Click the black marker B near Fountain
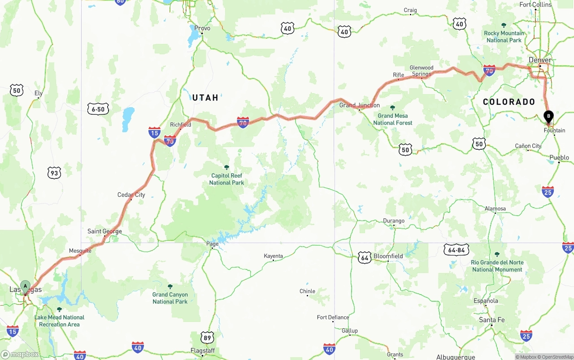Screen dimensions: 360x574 pos(548,117)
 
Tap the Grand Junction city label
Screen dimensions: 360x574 pos(359,105)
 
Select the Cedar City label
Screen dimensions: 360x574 pos(131,195)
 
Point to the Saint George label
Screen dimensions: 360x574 pos(104,231)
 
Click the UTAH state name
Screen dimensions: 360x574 pos(205,97)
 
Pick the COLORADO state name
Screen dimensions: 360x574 pos(509,102)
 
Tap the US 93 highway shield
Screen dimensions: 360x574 pos(54,173)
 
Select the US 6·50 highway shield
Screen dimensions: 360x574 pos(98,109)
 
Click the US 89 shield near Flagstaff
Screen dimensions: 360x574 pos(207,338)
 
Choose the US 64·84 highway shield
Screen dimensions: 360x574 pos(456,250)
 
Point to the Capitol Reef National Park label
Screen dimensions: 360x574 pos(226,179)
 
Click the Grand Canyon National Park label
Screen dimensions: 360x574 pos(170,298)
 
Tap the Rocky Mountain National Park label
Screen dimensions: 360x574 pos(504,36)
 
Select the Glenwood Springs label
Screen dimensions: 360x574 pos(422,71)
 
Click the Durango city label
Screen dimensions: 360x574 pos(394,221)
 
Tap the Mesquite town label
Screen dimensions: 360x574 pos(80,251)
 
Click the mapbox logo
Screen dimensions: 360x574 pos(20,354)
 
